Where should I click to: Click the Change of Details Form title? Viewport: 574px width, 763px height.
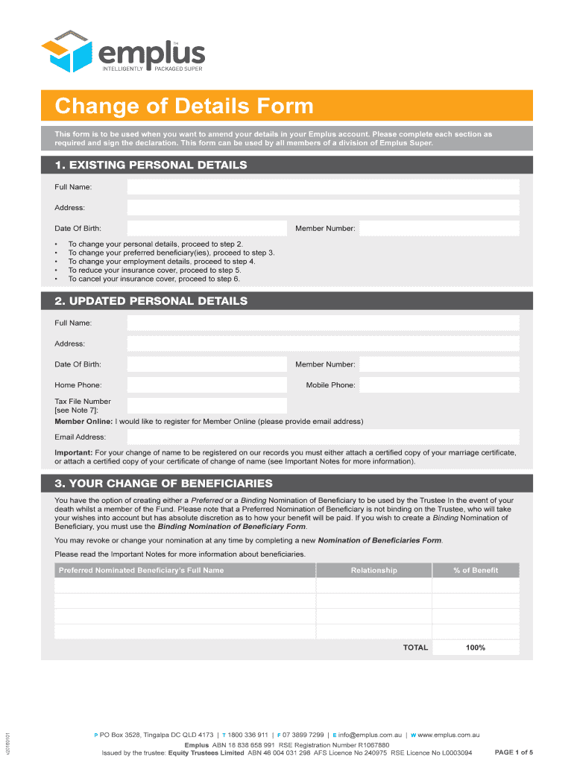(184, 106)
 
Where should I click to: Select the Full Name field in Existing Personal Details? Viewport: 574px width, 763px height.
(323, 187)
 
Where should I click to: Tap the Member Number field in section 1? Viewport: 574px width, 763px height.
(439, 228)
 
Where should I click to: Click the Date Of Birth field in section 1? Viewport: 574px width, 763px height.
(206, 228)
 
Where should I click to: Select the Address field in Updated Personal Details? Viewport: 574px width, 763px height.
(323, 343)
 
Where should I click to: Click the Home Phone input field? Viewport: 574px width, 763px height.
(206, 384)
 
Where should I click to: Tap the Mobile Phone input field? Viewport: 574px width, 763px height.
(439, 384)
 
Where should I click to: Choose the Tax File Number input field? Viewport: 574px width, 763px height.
(206, 405)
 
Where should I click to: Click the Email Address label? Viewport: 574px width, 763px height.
(80, 437)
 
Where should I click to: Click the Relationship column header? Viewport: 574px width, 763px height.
(373, 570)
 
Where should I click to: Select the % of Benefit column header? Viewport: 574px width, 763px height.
(475, 570)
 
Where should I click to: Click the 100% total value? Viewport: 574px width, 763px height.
(475, 648)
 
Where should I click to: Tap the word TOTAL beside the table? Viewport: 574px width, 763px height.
(415, 648)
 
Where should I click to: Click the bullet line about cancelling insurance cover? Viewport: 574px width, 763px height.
(154, 279)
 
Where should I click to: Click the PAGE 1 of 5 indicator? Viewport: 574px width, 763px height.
(514, 752)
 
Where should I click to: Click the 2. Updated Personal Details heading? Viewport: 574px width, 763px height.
(151, 301)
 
